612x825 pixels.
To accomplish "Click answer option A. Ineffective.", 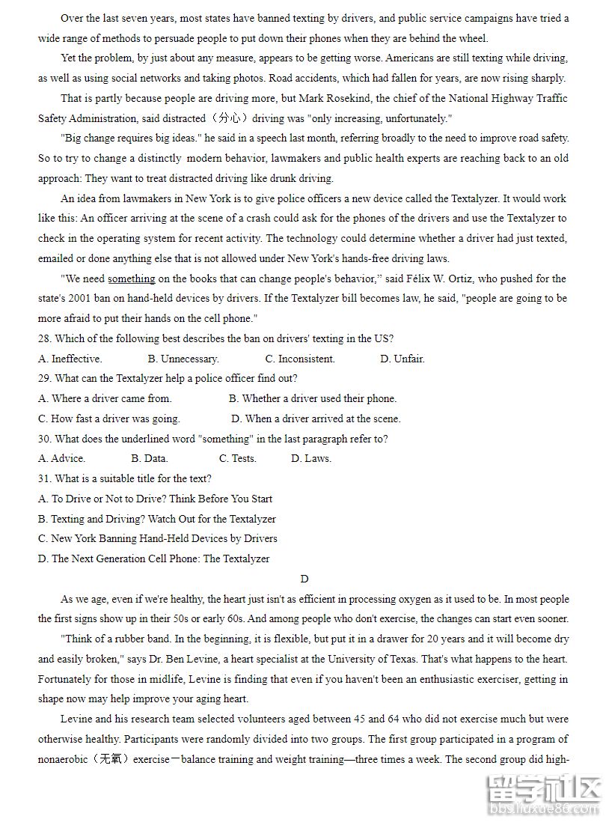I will point(70,359).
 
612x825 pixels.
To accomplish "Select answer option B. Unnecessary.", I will point(183,359).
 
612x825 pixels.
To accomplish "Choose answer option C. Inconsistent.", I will point(300,359).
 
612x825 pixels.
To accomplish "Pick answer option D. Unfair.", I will point(403,359).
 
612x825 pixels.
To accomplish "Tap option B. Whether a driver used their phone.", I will point(313,398).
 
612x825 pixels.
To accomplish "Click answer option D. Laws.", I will point(311,458).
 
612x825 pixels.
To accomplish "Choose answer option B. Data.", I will point(150,458).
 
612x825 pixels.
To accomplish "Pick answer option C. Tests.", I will point(238,458).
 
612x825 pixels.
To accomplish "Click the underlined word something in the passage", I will point(132,278).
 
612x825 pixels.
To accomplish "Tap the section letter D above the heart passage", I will point(305,579).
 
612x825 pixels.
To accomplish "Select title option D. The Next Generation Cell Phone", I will point(153,558).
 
